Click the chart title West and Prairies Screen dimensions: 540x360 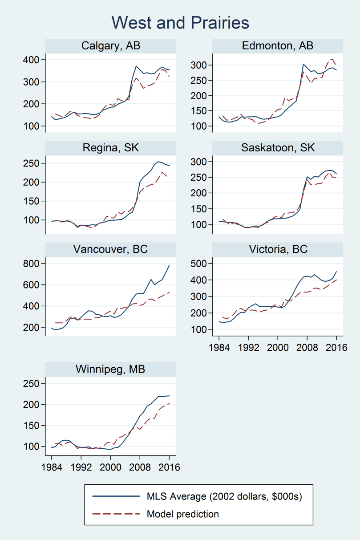tap(180, 22)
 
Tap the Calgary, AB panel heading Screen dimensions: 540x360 tap(111, 46)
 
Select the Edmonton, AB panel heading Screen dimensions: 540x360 tap(278, 46)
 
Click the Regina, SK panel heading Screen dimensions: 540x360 tap(111, 148)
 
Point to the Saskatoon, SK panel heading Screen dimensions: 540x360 tap(278, 148)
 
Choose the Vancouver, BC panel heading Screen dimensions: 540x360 tap(111, 249)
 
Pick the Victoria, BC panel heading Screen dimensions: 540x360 tap(278, 249)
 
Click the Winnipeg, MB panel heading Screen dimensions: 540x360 tap(111, 369)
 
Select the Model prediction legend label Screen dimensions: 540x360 tap(183, 514)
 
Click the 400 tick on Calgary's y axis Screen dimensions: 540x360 tap(34, 60)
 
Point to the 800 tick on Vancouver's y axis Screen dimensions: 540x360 tap(34, 264)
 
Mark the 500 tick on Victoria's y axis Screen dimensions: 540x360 tap(201, 264)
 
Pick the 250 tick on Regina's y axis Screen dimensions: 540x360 tap(34, 163)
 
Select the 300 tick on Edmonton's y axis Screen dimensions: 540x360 tap(201, 65)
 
